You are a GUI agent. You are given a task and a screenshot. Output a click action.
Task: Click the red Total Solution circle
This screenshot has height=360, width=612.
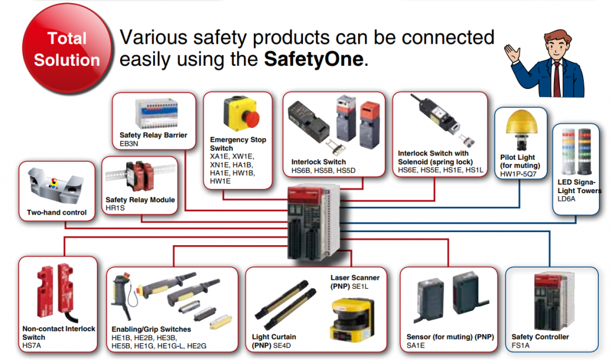[67, 49]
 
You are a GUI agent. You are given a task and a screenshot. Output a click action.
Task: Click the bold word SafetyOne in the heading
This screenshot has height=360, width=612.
[314, 59]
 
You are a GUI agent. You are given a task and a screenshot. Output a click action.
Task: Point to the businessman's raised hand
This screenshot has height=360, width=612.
[512, 54]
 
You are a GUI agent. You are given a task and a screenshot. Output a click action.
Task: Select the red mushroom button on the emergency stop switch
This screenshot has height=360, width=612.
[251, 118]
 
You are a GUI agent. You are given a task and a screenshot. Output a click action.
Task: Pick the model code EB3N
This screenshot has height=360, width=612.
[129, 144]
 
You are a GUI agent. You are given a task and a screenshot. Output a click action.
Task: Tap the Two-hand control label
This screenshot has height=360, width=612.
[57, 212]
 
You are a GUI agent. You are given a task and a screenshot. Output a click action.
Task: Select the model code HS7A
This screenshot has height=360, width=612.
[32, 346]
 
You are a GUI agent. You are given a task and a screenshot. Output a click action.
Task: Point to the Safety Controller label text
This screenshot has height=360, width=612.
[540, 337]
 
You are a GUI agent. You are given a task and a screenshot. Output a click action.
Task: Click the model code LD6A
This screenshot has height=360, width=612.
[567, 199]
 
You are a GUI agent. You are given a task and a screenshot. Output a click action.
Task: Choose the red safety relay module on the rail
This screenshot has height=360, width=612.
[139, 176]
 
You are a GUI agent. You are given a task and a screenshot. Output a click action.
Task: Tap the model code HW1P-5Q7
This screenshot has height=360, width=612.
[518, 174]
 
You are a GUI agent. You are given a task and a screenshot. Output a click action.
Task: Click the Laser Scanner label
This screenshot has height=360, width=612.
[355, 277]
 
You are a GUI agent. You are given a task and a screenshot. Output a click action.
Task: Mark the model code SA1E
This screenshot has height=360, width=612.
[416, 346]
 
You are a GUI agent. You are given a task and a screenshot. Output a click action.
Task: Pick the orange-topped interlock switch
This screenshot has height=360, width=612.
[369, 124]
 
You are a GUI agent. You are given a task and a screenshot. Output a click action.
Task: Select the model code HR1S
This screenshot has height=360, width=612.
[115, 208]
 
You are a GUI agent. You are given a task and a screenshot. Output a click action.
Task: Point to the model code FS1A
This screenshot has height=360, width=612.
[521, 346]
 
